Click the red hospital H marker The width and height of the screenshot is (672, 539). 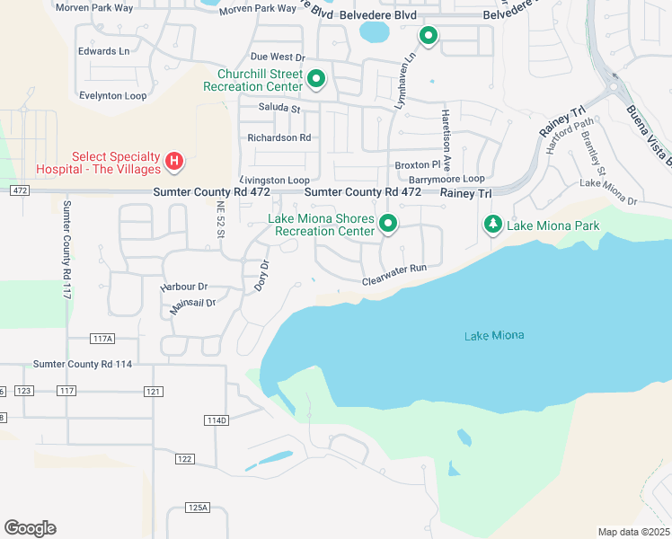pos(175,162)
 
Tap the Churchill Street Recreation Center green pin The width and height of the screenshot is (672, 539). pos(316,80)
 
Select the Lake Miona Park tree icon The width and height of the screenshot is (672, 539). pos(492,224)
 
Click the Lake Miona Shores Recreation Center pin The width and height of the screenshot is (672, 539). pos(388,223)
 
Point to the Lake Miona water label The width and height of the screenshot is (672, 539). pos(493,336)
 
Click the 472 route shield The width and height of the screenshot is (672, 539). pos(20,190)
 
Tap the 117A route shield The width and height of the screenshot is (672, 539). pos(103,338)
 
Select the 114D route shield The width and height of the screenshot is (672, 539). pos(217,420)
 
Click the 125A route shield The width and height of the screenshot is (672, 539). pos(198,508)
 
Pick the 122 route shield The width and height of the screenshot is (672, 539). pos(184,459)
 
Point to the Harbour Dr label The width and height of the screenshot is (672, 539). pos(184,287)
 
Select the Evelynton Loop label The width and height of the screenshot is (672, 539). pos(112,94)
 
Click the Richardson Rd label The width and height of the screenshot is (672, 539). pos(279,138)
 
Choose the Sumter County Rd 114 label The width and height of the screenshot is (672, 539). pos(83,364)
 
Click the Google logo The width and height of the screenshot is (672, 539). pos(30,528)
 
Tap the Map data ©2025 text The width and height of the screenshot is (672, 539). pos(632,532)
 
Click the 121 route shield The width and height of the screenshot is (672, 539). pos(153,391)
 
